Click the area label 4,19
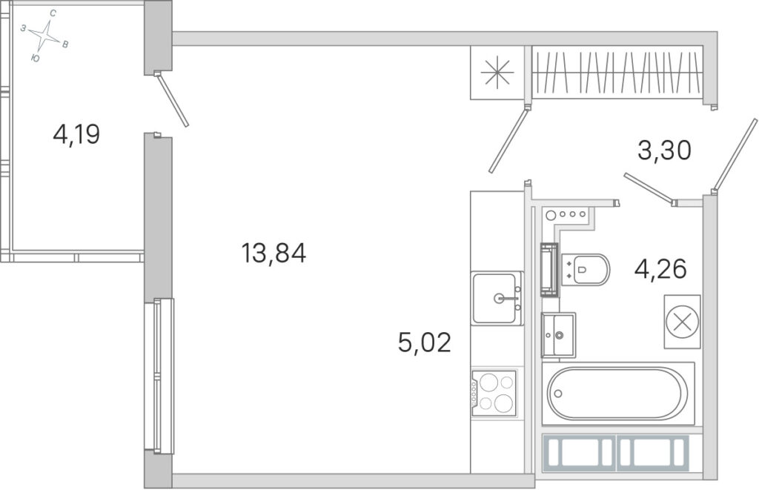pos(76,134)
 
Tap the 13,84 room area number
pos(274,253)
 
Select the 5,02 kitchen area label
pos(424,342)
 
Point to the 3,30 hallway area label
pos(664,150)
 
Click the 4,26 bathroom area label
pos(660,269)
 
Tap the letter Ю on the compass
pos(35,59)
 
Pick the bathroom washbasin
pos(558,334)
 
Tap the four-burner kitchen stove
pos(494,393)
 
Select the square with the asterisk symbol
pos(497,73)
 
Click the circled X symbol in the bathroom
pos(682,322)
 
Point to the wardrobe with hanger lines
pos(617,73)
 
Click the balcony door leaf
pos(173,100)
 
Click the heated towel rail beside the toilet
pos(549,269)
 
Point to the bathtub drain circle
pos(558,394)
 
